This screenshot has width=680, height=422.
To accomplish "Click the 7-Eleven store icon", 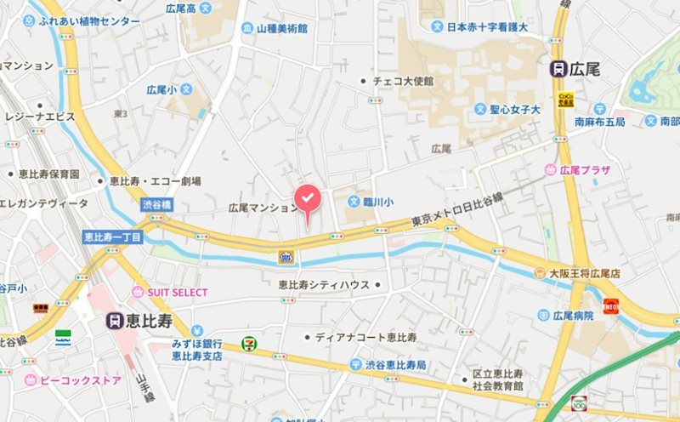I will (249, 343).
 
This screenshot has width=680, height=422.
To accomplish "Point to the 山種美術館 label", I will (281, 28).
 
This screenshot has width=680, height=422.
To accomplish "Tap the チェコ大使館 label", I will (403, 81).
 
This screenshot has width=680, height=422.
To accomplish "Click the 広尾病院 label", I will (572, 316).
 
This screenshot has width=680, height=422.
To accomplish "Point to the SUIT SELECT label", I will (177, 292).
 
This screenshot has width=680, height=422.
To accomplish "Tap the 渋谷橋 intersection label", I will (156, 205).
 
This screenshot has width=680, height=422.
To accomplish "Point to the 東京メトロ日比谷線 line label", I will (457, 209).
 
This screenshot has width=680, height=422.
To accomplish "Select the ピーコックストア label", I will (80, 379).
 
